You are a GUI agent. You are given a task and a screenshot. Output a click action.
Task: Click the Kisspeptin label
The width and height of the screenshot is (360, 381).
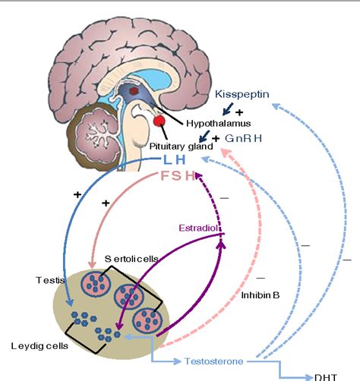coord(242,97)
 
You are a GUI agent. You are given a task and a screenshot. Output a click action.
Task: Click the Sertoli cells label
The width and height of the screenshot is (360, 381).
coord(134,259)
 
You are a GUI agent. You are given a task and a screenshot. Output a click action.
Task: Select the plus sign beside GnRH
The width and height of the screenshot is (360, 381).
coord(216,138)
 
